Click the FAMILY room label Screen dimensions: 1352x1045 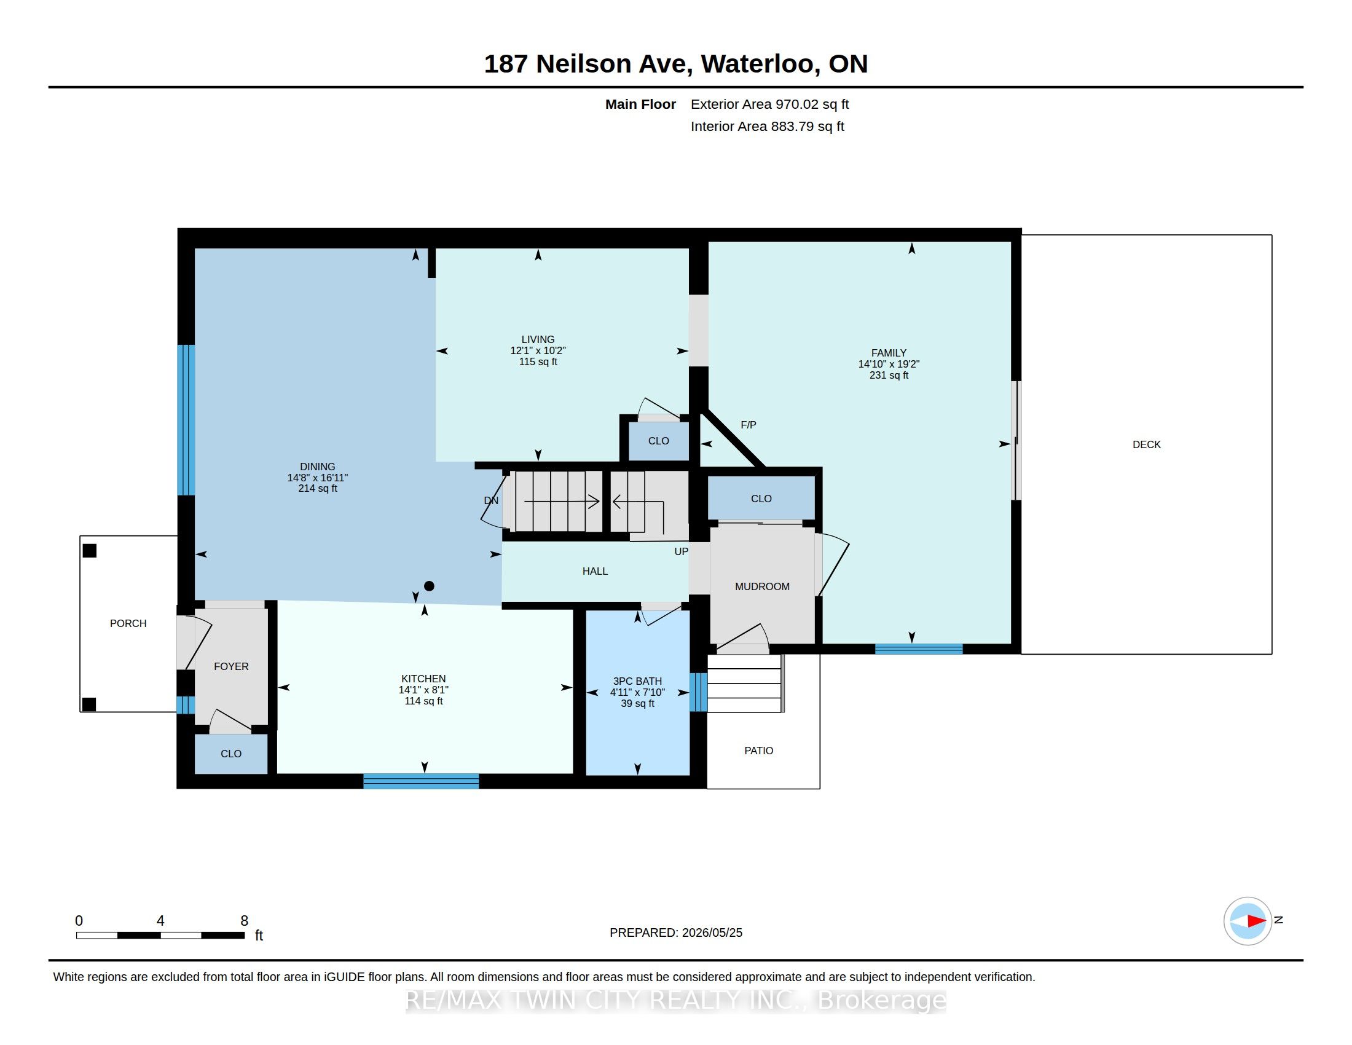point(889,353)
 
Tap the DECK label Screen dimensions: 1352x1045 point(1147,444)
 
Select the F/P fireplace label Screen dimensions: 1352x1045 point(749,425)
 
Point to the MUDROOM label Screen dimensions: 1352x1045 point(762,586)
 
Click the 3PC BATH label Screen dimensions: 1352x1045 point(638,681)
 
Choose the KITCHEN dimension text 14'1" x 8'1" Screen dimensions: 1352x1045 point(423,690)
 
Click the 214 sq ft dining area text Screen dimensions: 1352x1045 point(318,489)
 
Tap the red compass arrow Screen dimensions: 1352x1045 point(1256,921)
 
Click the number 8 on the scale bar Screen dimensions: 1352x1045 point(244,921)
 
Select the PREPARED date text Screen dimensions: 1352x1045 point(676,933)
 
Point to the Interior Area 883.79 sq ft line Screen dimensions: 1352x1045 point(768,126)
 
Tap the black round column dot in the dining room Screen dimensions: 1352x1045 point(429,586)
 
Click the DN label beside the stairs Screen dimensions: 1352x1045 point(491,500)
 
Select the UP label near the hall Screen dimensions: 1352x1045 point(681,551)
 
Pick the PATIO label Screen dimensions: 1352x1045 point(759,751)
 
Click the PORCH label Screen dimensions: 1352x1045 point(128,623)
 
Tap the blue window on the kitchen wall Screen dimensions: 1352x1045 point(421,781)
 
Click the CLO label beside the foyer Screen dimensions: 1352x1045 point(231,754)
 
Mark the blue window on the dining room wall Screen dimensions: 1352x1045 point(186,420)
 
